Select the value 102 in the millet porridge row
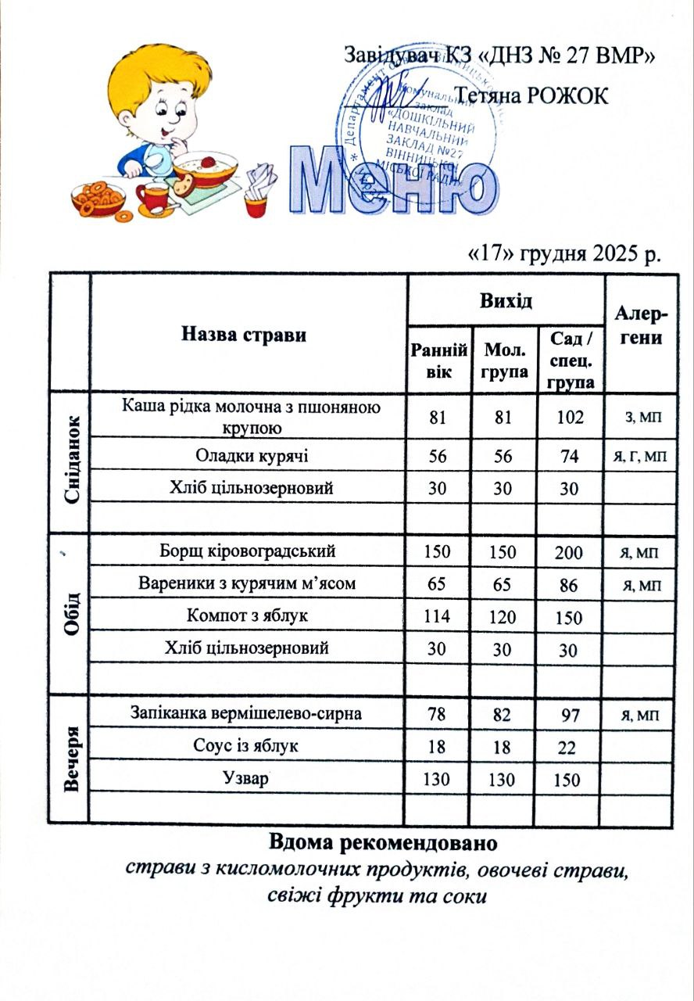click(x=571, y=417)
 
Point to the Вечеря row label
click(x=70, y=758)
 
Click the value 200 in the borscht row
click(x=569, y=553)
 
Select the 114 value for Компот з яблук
click(x=437, y=616)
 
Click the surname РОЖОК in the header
click(x=568, y=95)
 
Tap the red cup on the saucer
click(x=154, y=196)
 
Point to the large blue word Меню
click(x=395, y=181)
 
